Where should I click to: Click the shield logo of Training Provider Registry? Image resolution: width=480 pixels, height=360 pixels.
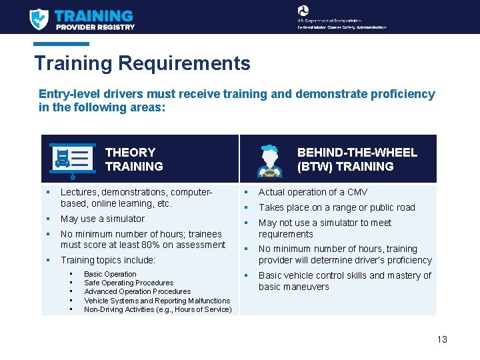pyautogui.click(x=39, y=19)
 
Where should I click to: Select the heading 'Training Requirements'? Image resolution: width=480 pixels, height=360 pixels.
pyautogui.click(x=142, y=63)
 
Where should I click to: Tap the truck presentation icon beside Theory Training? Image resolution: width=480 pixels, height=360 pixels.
pyautogui.click(x=71, y=160)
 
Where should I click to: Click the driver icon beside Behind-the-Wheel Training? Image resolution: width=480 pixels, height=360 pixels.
pyautogui.click(x=269, y=160)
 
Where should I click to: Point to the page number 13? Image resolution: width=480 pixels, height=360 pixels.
pyautogui.click(x=442, y=339)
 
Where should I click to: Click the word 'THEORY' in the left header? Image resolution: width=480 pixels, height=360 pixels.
pyautogui.click(x=130, y=152)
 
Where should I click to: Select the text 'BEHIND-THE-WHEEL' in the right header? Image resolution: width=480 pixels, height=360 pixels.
pyautogui.click(x=357, y=152)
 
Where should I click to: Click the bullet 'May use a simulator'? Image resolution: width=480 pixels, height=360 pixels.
pyautogui.click(x=102, y=219)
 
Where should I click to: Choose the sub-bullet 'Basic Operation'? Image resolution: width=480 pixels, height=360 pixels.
pyautogui.click(x=110, y=274)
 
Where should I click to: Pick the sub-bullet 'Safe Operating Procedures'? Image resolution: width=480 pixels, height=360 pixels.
pyautogui.click(x=129, y=283)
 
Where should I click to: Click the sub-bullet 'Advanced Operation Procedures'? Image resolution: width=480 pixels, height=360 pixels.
pyautogui.click(x=137, y=291)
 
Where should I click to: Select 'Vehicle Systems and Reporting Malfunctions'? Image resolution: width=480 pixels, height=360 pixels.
pyautogui.click(x=157, y=301)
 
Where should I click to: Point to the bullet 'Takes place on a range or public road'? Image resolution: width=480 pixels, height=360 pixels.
pyautogui.click(x=337, y=207)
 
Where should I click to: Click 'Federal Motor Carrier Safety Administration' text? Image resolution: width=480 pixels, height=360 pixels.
pyautogui.click(x=342, y=27)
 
